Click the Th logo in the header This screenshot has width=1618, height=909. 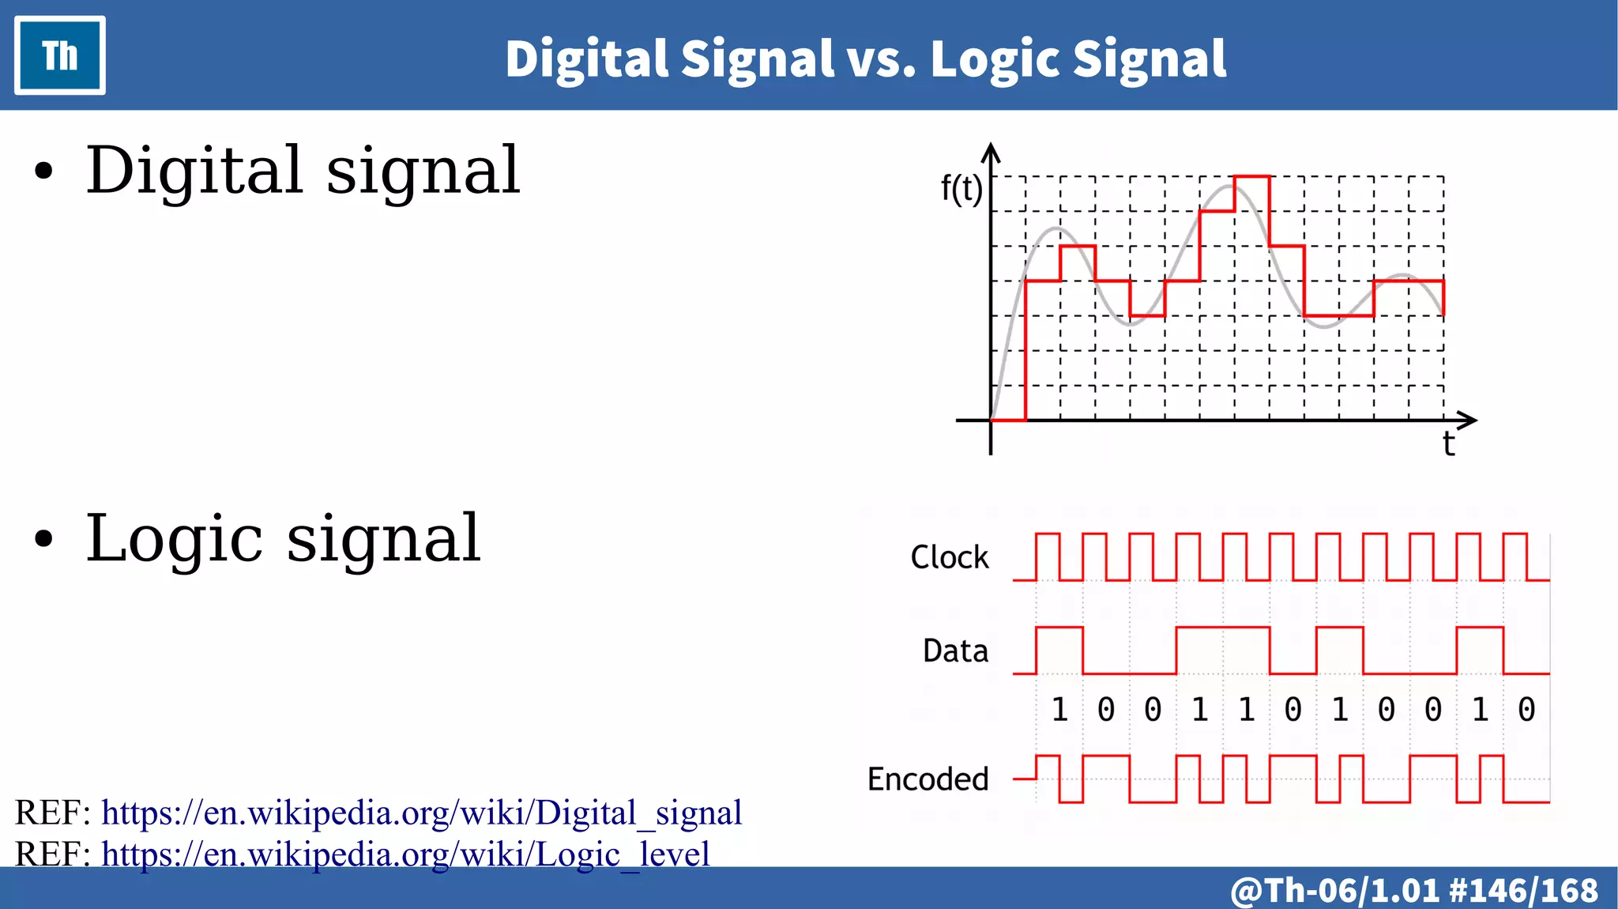point(60,55)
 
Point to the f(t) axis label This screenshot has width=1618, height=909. point(961,190)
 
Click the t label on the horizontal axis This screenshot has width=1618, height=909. point(1447,443)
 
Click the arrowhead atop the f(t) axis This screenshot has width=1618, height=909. point(991,152)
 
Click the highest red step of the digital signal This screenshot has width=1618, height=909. point(1251,177)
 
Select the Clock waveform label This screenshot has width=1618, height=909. point(949,557)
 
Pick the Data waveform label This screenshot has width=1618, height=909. point(955,651)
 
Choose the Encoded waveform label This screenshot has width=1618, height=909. point(928,779)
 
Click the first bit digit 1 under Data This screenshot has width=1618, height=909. point(1059,710)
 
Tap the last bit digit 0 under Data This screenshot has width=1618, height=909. point(1526,710)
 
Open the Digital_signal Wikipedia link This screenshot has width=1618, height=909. point(421,813)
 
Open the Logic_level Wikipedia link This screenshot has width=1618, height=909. point(405,854)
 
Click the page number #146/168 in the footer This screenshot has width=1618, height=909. point(1524,890)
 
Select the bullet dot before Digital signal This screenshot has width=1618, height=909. point(44,172)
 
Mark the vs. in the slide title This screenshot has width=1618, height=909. point(881,59)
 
